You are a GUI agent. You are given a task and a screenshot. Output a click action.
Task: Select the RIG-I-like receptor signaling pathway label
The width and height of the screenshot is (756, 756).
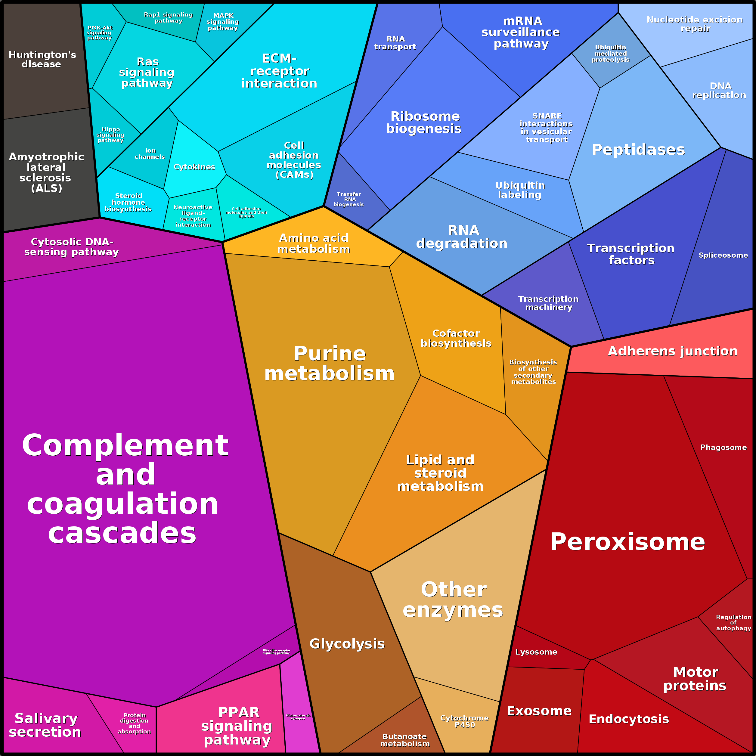click(276, 652)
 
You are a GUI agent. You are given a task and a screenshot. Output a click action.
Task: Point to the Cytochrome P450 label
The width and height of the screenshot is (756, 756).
click(464, 721)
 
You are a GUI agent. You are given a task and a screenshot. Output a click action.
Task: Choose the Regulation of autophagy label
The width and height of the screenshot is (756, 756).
click(733, 623)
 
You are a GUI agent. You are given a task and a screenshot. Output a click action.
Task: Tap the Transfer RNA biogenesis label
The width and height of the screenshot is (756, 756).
click(349, 199)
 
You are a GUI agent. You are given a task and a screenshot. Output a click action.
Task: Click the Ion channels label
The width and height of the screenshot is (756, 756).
click(150, 153)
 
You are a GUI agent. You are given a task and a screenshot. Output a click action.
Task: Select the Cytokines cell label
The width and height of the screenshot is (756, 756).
click(194, 167)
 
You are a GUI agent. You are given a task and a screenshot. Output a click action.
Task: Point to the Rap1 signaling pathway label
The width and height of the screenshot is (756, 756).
click(168, 18)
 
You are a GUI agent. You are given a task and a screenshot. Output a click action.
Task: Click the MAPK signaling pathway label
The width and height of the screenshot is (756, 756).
click(223, 22)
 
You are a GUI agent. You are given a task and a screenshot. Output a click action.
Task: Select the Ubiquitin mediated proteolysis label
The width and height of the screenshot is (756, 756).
click(610, 54)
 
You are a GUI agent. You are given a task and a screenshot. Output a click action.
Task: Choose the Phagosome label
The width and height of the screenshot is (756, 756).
click(723, 447)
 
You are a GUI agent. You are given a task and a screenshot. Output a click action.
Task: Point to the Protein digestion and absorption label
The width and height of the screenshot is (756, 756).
click(134, 723)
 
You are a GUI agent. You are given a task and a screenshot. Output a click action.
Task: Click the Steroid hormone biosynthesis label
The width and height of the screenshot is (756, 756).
click(128, 202)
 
